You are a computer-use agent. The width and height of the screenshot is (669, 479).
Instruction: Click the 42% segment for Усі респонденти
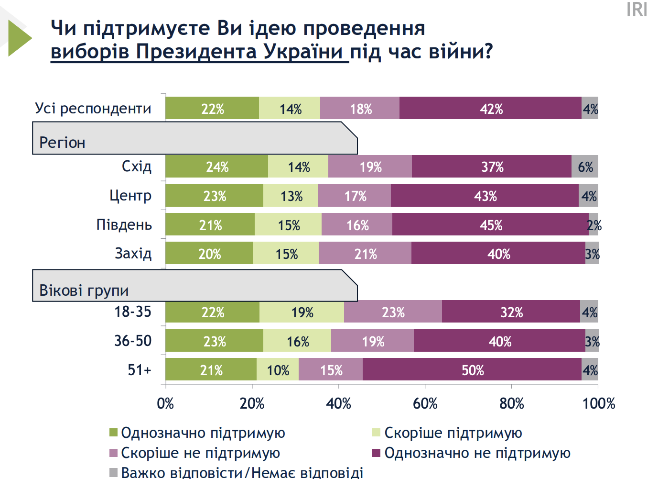pos(490,109)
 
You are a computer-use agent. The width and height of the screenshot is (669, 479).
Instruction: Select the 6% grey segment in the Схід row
pos(585,167)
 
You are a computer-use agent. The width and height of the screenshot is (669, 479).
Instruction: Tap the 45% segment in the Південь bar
pos(490,225)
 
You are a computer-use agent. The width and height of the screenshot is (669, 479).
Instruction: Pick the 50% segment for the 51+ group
pos(472,370)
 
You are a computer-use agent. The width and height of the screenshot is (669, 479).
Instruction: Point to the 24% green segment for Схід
pos(217,167)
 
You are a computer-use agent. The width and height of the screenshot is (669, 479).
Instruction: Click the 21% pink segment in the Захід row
pos(365,254)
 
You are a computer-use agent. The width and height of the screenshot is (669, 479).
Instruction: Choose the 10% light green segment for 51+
pos(278,370)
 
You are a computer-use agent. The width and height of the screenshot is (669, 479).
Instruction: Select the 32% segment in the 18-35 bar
pos(511,312)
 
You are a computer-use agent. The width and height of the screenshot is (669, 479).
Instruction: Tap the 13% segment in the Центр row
pos(291,196)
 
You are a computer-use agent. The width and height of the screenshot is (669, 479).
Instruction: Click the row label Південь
pos(124,224)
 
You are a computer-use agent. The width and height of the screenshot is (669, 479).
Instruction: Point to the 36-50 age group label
pos(133,341)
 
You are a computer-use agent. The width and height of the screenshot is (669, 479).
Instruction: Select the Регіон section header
pos(62,142)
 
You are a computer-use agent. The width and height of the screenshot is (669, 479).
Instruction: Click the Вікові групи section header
pos(84,290)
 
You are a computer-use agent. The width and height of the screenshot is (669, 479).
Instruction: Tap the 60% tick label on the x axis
pos(425,403)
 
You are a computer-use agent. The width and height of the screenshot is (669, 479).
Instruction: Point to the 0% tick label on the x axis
pos(165,403)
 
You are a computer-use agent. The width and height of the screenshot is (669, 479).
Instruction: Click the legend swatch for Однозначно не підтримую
pos(377,453)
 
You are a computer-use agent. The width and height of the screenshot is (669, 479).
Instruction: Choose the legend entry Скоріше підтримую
pos(453,433)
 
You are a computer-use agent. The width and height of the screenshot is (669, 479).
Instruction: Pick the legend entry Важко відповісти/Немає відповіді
pos(242,473)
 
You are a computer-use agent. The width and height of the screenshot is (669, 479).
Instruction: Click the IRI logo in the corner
pos(637,10)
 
